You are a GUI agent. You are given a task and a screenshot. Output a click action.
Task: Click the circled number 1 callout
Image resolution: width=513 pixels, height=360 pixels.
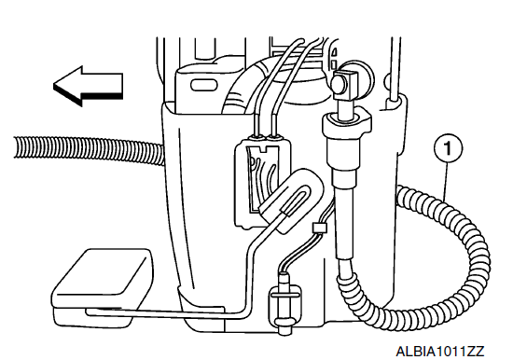tap(448, 149)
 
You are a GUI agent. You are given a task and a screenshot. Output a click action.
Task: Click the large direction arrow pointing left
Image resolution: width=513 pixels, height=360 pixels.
tap(88, 86)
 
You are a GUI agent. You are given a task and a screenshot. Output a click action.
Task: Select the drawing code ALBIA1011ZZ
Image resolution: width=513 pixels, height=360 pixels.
tap(439, 352)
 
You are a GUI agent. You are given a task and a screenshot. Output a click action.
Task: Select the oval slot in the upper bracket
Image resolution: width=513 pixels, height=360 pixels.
tap(204, 85)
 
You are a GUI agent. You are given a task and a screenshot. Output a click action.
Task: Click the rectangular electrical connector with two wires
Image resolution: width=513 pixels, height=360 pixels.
tap(263, 182)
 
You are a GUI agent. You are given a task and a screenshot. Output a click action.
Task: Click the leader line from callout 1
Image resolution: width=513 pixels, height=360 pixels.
tap(446, 181)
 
